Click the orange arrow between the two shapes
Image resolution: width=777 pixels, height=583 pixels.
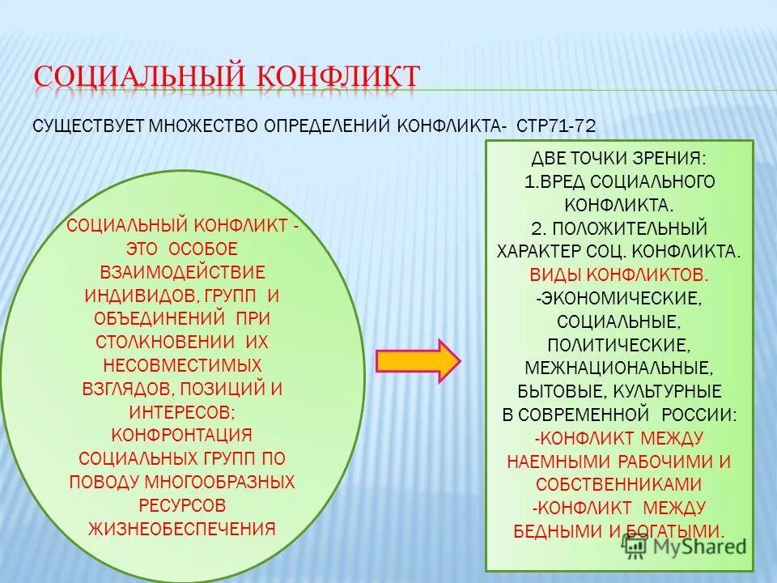point(418,360)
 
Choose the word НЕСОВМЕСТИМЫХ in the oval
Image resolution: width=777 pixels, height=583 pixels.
point(182,364)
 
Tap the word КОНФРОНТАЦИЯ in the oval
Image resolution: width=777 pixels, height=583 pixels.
point(182,435)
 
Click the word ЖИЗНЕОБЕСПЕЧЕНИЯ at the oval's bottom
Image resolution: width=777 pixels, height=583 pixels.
point(182,529)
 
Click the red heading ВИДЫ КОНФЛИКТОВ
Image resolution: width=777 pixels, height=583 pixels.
point(620,274)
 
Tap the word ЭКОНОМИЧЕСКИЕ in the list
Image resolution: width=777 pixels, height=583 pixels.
point(623,298)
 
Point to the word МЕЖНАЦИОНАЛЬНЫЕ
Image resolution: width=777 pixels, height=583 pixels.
point(618,368)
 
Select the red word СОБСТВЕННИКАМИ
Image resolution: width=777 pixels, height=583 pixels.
point(618,484)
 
